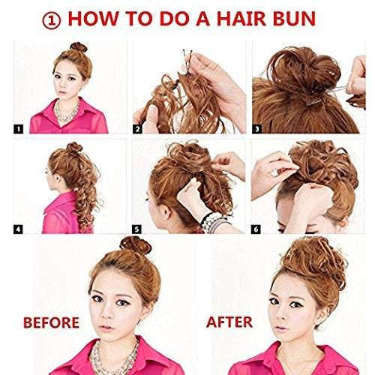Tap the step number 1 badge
[19, 128]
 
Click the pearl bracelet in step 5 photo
[214, 220]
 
